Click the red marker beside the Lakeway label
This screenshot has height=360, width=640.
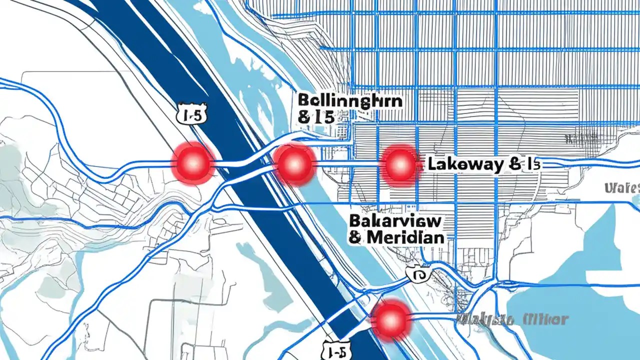click(399, 164)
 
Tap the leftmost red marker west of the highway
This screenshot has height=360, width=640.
click(193, 163)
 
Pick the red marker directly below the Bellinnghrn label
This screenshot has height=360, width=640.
click(294, 163)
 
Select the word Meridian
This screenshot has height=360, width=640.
click(405, 237)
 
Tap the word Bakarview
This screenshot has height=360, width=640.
click(395, 220)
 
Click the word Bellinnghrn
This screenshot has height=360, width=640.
click(350, 100)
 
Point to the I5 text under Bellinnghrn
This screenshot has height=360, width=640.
click(322, 118)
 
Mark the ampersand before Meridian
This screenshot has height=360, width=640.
click(355, 237)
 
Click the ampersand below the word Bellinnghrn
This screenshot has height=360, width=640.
click(303, 118)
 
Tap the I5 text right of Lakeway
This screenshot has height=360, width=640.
click(531, 164)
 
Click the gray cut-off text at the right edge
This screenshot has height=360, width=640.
click(622, 188)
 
